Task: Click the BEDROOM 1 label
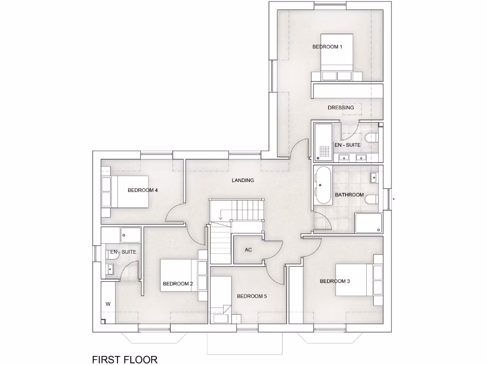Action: [x=327, y=47]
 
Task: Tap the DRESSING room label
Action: [x=341, y=107]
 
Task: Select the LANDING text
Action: [x=243, y=180]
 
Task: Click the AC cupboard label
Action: [x=248, y=250]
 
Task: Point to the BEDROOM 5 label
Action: [x=252, y=296]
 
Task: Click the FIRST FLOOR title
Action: [x=125, y=359]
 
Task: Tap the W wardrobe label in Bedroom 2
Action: [x=108, y=304]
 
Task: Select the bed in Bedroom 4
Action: [x=125, y=191]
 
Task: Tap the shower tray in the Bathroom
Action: [x=369, y=223]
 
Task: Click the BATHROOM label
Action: [x=349, y=195]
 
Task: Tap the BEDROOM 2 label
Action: [x=177, y=284]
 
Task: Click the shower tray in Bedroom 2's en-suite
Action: [x=130, y=235]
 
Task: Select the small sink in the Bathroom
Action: [x=374, y=177]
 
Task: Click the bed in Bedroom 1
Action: [x=336, y=57]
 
